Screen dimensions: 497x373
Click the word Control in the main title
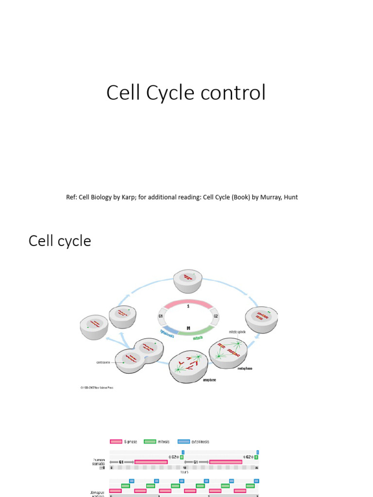[x=238, y=93]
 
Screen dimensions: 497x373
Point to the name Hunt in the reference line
[x=290, y=197]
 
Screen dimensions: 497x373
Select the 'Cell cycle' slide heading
[x=60, y=241]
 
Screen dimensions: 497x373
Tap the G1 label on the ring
[x=160, y=316]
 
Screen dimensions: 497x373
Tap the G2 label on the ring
[x=216, y=316]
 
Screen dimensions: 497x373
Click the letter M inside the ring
[x=188, y=328]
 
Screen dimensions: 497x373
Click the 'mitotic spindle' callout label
[x=237, y=332]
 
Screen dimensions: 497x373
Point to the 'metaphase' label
[x=245, y=368]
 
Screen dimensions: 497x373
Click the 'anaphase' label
[x=209, y=381]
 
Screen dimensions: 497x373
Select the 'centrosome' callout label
[x=103, y=362]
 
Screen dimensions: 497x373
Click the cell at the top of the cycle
[x=188, y=281]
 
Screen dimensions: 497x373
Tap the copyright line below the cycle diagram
[x=97, y=387]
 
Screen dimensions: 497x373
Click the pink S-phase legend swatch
[x=116, y=442]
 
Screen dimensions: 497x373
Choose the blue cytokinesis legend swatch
[x=184, y=442]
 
